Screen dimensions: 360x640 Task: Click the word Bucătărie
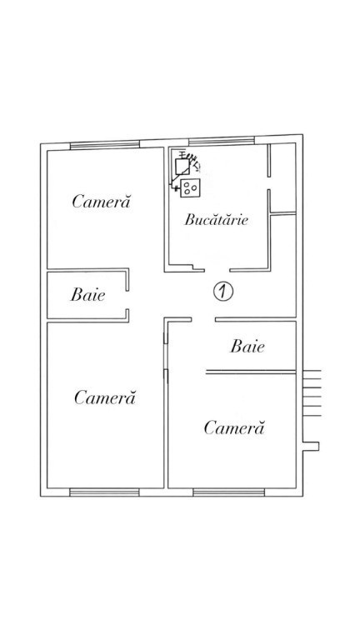pos(216,220)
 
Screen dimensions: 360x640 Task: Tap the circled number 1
pos(222,292)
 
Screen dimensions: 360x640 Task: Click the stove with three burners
pos(190,188)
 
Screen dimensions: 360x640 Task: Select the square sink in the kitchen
pos(182,166)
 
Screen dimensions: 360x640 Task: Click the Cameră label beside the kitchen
pos(101,201)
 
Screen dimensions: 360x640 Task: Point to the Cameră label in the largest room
pos(104,397)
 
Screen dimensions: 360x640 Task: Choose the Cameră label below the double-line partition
pos(234,427)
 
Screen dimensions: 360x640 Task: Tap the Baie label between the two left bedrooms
pos(87,294)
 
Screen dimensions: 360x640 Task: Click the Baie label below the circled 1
pos(247,346)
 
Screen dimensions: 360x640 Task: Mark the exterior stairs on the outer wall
pos(312,393)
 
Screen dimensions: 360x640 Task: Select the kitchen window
pos(221,141)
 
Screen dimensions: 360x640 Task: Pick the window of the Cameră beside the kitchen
pos(104,145)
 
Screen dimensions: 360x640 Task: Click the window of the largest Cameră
pos(104,492)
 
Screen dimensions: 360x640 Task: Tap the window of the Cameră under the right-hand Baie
pos(228,492)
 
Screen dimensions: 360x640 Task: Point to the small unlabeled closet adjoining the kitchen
pos(282,178)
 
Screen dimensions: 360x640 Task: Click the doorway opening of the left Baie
pos(127,300)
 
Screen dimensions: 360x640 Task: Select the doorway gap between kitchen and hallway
pos(217,270)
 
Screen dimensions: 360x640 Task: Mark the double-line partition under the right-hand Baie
pos(251,372)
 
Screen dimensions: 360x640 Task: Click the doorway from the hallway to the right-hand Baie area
pos(203,320)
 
